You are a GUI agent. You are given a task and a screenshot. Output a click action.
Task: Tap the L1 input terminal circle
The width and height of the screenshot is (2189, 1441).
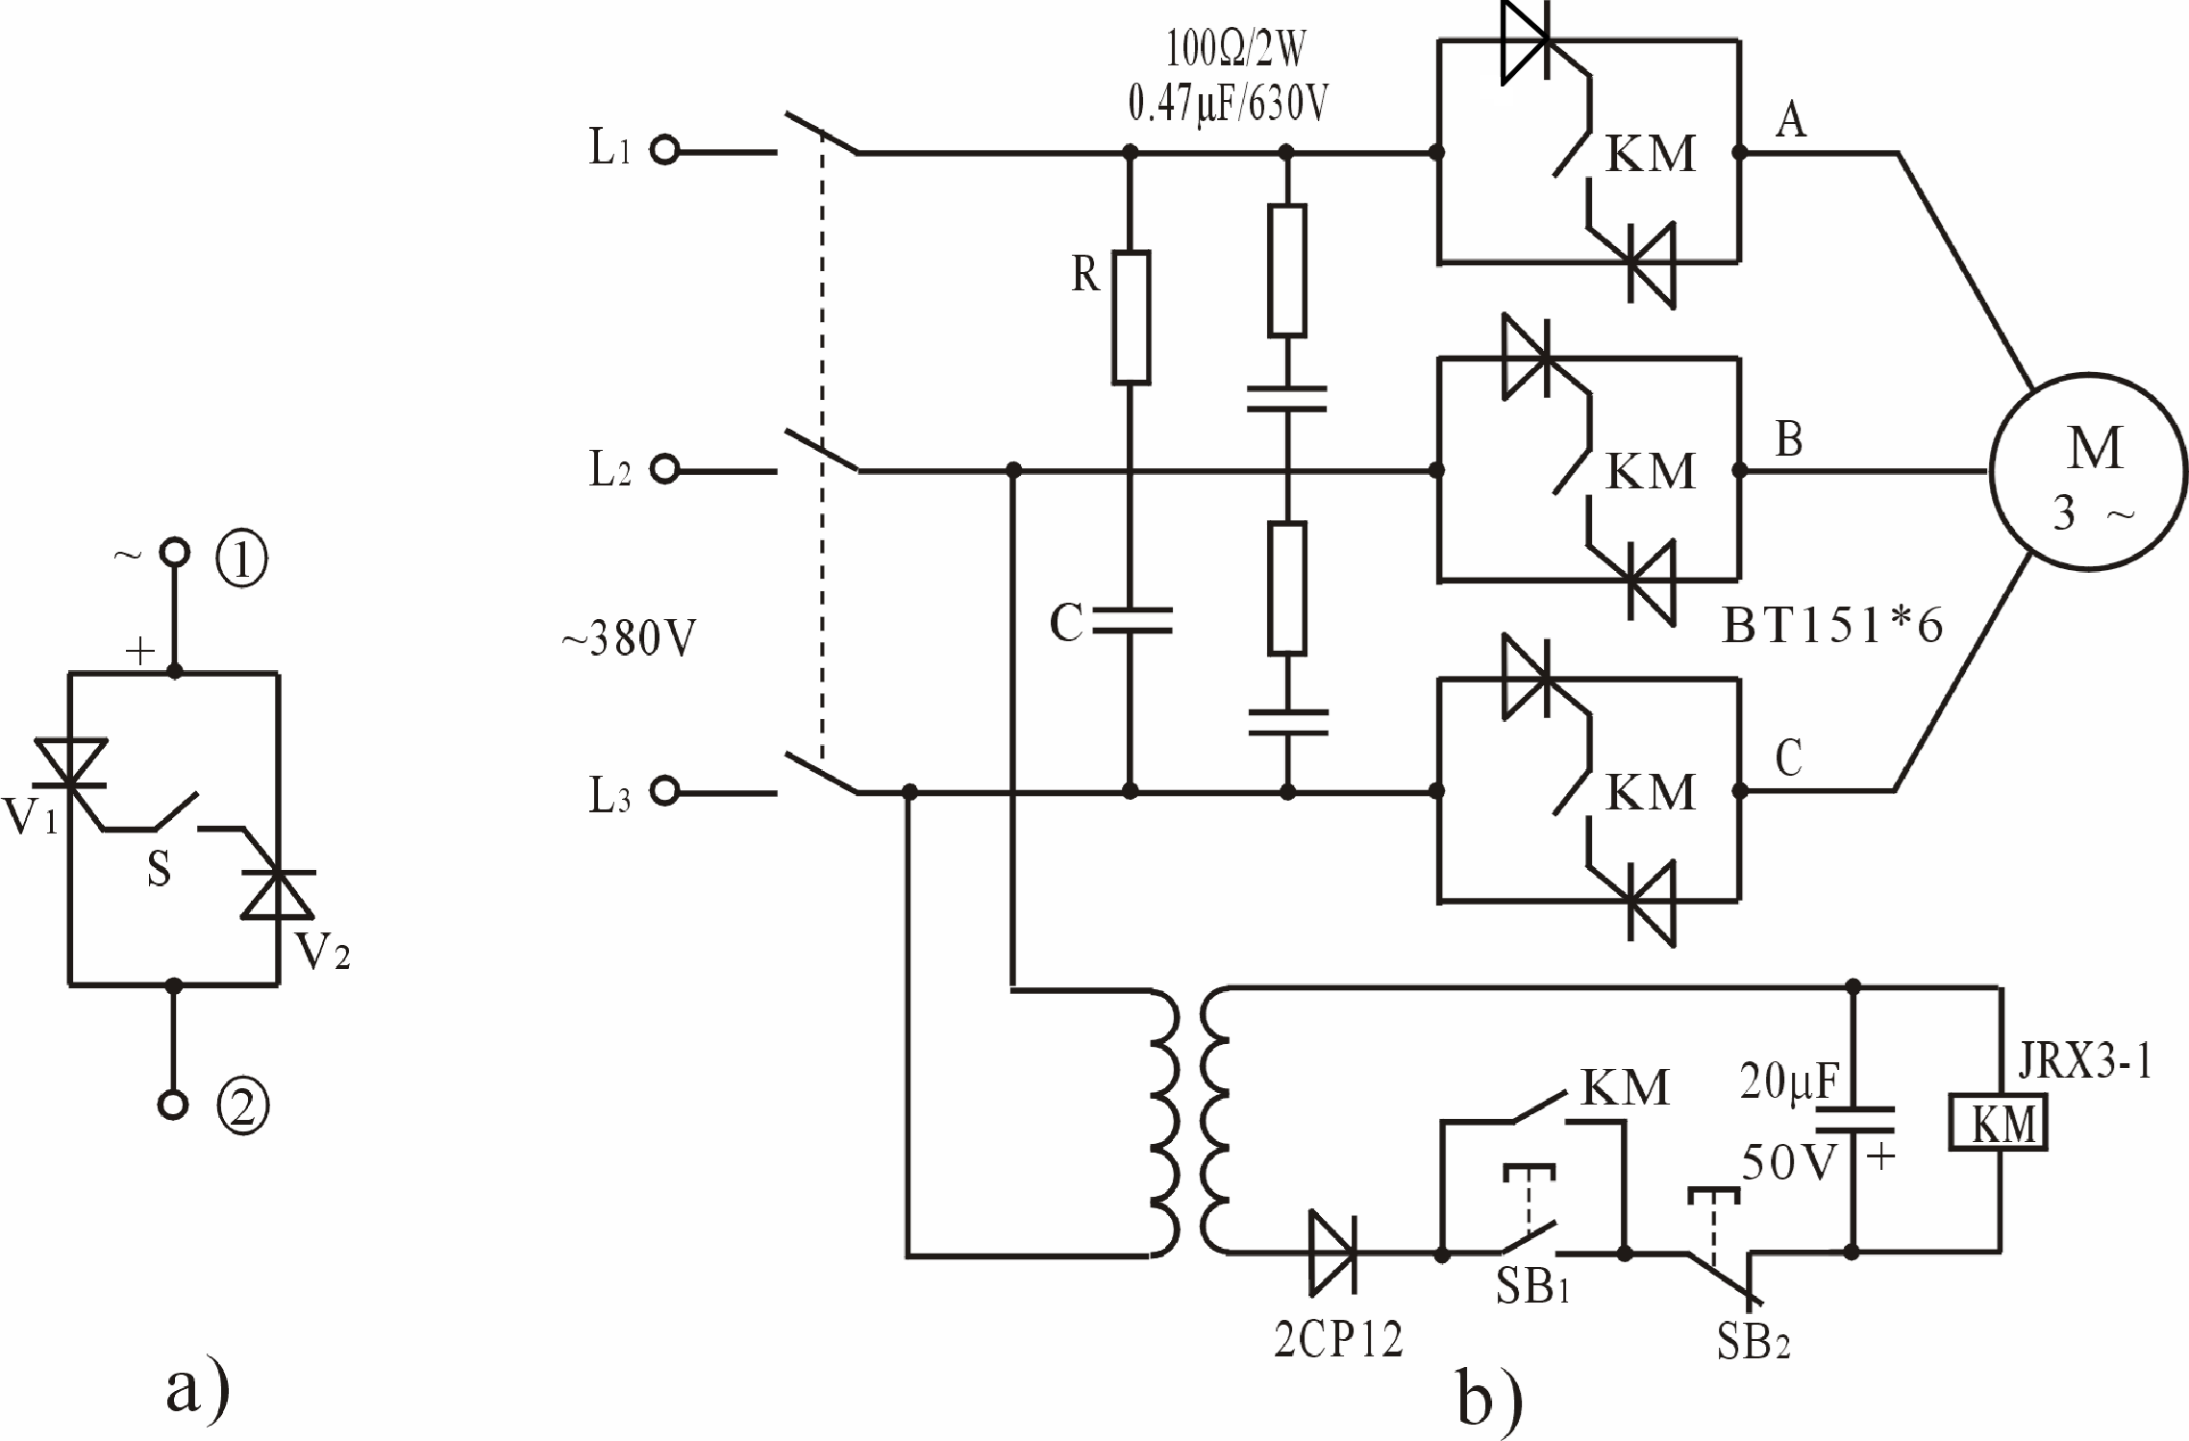(x=664, y=151)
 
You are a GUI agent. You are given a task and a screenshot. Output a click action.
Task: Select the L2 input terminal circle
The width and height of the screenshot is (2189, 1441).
(x=664, y=470)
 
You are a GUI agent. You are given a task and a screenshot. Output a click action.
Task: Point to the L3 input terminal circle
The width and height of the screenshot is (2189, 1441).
(x=664, y=791)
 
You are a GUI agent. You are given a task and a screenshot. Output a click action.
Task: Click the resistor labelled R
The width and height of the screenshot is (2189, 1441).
(x=1132, y=317)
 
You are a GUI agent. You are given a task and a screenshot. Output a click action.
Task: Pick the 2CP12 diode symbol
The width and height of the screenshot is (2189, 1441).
(x=1332, y=1254)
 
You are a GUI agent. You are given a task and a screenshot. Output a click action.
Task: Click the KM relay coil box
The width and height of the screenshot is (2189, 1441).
(x=1998, y=1123)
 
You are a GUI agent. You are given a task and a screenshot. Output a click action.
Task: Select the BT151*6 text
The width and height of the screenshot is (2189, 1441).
(x=1832, y=627)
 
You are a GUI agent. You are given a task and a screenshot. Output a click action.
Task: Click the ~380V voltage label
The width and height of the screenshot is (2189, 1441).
(x=629, y=638)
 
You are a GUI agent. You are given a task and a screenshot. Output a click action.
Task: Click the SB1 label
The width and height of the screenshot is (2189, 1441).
(x=1532, y=1289)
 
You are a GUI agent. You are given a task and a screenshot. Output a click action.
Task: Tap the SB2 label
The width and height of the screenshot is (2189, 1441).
(x=1753, y=1342)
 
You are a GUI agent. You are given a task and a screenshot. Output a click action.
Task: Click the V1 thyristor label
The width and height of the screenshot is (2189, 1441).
(x=30, y=817)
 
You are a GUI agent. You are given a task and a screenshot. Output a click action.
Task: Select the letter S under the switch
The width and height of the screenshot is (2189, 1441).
(x=159, y=870)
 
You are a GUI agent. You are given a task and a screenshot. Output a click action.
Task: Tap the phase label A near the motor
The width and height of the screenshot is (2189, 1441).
(x=1790, y=122)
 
